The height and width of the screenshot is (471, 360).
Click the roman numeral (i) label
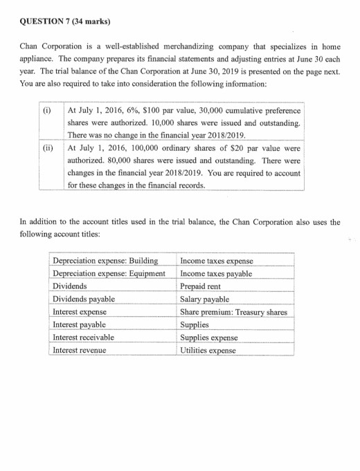48,110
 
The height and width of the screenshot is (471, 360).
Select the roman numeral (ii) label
48,147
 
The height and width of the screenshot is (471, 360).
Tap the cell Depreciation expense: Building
105,261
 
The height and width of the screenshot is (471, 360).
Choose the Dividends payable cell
84,299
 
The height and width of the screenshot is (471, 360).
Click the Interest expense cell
80,311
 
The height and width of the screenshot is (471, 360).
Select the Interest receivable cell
84,337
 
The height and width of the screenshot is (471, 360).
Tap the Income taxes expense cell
216,261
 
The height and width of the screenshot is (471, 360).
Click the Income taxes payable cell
215,273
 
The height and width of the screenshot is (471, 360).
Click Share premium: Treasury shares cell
233,311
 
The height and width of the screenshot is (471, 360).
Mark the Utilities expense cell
208,350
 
